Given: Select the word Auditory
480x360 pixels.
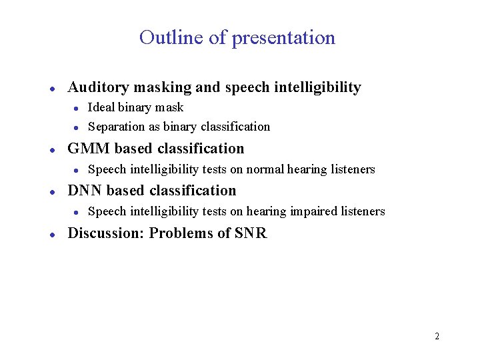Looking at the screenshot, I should click(x=98, y=87).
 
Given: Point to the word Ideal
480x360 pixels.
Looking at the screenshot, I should click(x=101, y=107).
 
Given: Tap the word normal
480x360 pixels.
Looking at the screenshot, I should click(x=265, y=169).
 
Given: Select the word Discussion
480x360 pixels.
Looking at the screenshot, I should click(x=105, y=233).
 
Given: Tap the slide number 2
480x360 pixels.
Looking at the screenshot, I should click(x=437, y=336).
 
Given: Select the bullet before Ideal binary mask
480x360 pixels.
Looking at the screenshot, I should click(x=77, y=108).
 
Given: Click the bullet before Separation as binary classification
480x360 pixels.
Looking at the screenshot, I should click(x=77, y=127).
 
